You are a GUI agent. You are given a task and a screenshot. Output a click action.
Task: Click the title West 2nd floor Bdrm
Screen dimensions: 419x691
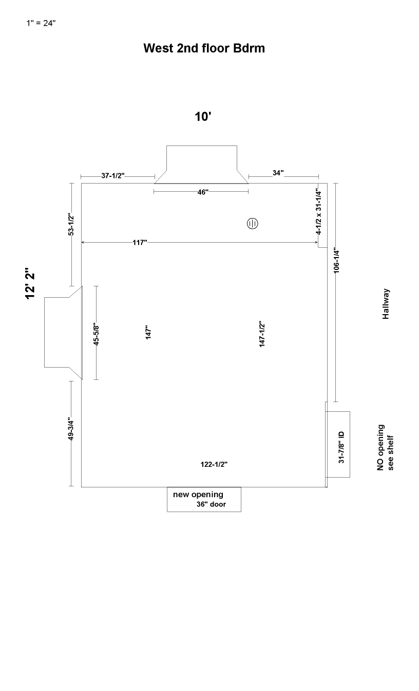point(204,48)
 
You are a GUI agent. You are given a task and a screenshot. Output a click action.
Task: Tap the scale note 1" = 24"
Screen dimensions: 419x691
point(41,23)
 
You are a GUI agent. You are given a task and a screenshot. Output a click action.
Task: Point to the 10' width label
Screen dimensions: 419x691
point(203,117)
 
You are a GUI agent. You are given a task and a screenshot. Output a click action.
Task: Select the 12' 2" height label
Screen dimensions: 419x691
point(30,283)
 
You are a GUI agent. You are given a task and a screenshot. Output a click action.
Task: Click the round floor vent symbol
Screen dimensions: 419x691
point(252,223)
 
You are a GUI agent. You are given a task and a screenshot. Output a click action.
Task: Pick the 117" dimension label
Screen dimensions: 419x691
point(140,243)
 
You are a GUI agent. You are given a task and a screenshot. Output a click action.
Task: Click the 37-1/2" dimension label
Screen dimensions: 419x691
point(113,175)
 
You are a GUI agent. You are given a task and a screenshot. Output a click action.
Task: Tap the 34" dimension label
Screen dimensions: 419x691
point(278,173)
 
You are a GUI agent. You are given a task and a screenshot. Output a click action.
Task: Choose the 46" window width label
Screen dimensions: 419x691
point(203,192)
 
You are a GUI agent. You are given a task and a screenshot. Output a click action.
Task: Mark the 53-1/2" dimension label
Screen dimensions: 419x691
point(71,224)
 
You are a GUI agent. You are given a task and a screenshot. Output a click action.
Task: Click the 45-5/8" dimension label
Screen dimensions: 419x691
point(96,334)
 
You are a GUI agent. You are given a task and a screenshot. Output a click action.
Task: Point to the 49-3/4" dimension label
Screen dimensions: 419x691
point(71,429)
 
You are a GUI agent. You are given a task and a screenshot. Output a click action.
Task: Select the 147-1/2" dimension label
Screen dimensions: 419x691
point(262,334)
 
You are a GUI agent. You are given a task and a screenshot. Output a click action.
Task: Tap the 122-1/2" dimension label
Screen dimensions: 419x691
point(214,464)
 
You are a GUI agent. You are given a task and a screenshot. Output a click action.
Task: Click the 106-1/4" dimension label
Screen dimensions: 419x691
point(336,260)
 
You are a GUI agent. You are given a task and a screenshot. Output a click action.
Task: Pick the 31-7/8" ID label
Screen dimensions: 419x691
point(341,447)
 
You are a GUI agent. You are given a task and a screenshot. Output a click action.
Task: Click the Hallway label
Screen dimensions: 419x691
point(386,304)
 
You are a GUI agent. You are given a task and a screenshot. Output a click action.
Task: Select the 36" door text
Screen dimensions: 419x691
point(212,504)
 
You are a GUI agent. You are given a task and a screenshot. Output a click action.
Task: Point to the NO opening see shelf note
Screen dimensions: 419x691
point(385,448)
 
